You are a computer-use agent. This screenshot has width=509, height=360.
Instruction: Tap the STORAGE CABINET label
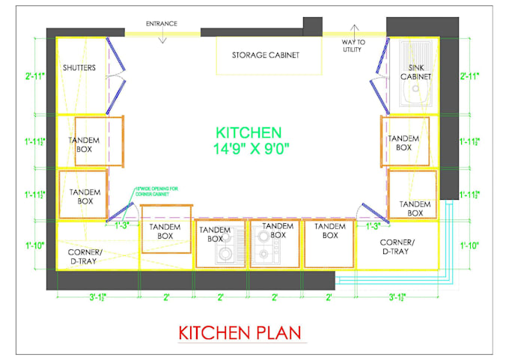[265, 55]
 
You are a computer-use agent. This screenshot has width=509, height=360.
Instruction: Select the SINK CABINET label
[415, 73]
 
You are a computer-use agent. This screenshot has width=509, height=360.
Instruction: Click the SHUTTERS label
[79, 67]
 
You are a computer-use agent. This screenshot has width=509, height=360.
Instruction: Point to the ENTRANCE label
[162, 24]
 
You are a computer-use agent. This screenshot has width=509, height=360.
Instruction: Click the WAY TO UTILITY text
[353, 46]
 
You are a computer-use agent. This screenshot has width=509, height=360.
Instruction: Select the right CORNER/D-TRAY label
[397, 247]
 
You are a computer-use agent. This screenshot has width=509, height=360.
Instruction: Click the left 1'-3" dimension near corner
[121, 225]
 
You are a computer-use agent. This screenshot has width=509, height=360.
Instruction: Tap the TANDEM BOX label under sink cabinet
[403, 142]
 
